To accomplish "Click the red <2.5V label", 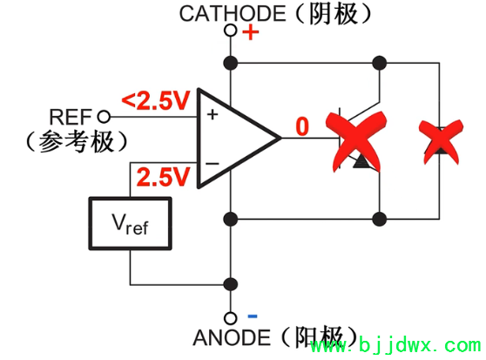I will point(157,101).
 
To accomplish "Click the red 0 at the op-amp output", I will point(301,127).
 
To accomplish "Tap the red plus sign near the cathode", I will point(251,34).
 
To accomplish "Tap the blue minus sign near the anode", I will point(251,316).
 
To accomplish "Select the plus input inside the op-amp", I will point(211,112).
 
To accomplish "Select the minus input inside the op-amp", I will point(211,163).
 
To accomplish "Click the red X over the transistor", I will point(355,139).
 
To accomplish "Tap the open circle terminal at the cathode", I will point(231,31).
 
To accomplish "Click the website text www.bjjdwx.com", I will point(395,349).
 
